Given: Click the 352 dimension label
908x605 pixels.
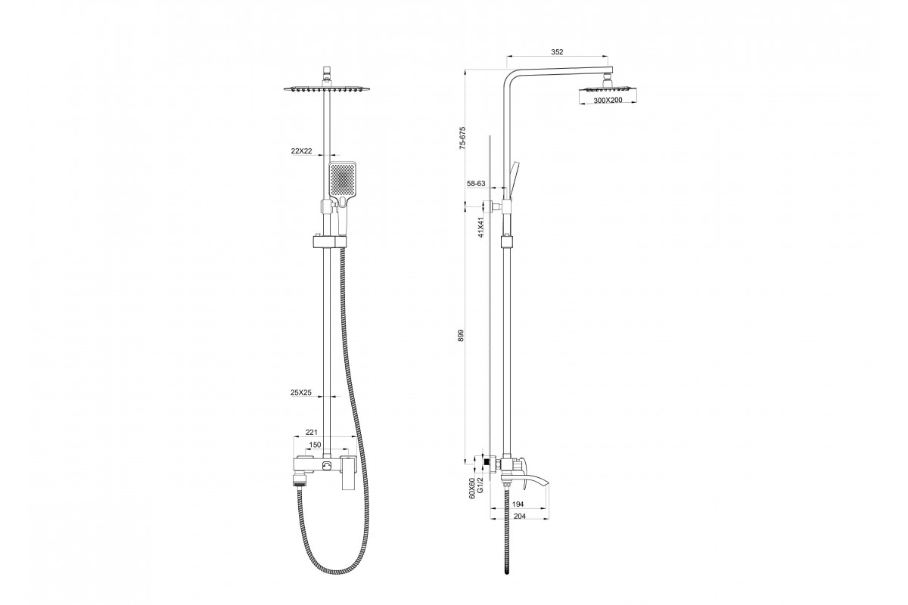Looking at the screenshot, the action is (557, 52).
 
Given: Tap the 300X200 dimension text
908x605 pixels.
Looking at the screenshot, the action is (607, 100).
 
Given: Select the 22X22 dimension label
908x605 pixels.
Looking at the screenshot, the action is (301, 150).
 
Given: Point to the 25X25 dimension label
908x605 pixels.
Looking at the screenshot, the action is (301, 392).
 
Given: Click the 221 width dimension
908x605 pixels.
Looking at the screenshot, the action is (311, 433).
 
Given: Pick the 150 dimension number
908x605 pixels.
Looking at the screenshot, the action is (315, 445).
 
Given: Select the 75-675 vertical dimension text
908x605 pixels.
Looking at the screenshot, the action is (462, 139).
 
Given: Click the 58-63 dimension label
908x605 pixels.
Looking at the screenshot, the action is (476, 184).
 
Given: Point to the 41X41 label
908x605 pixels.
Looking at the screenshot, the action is (480, 228).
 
